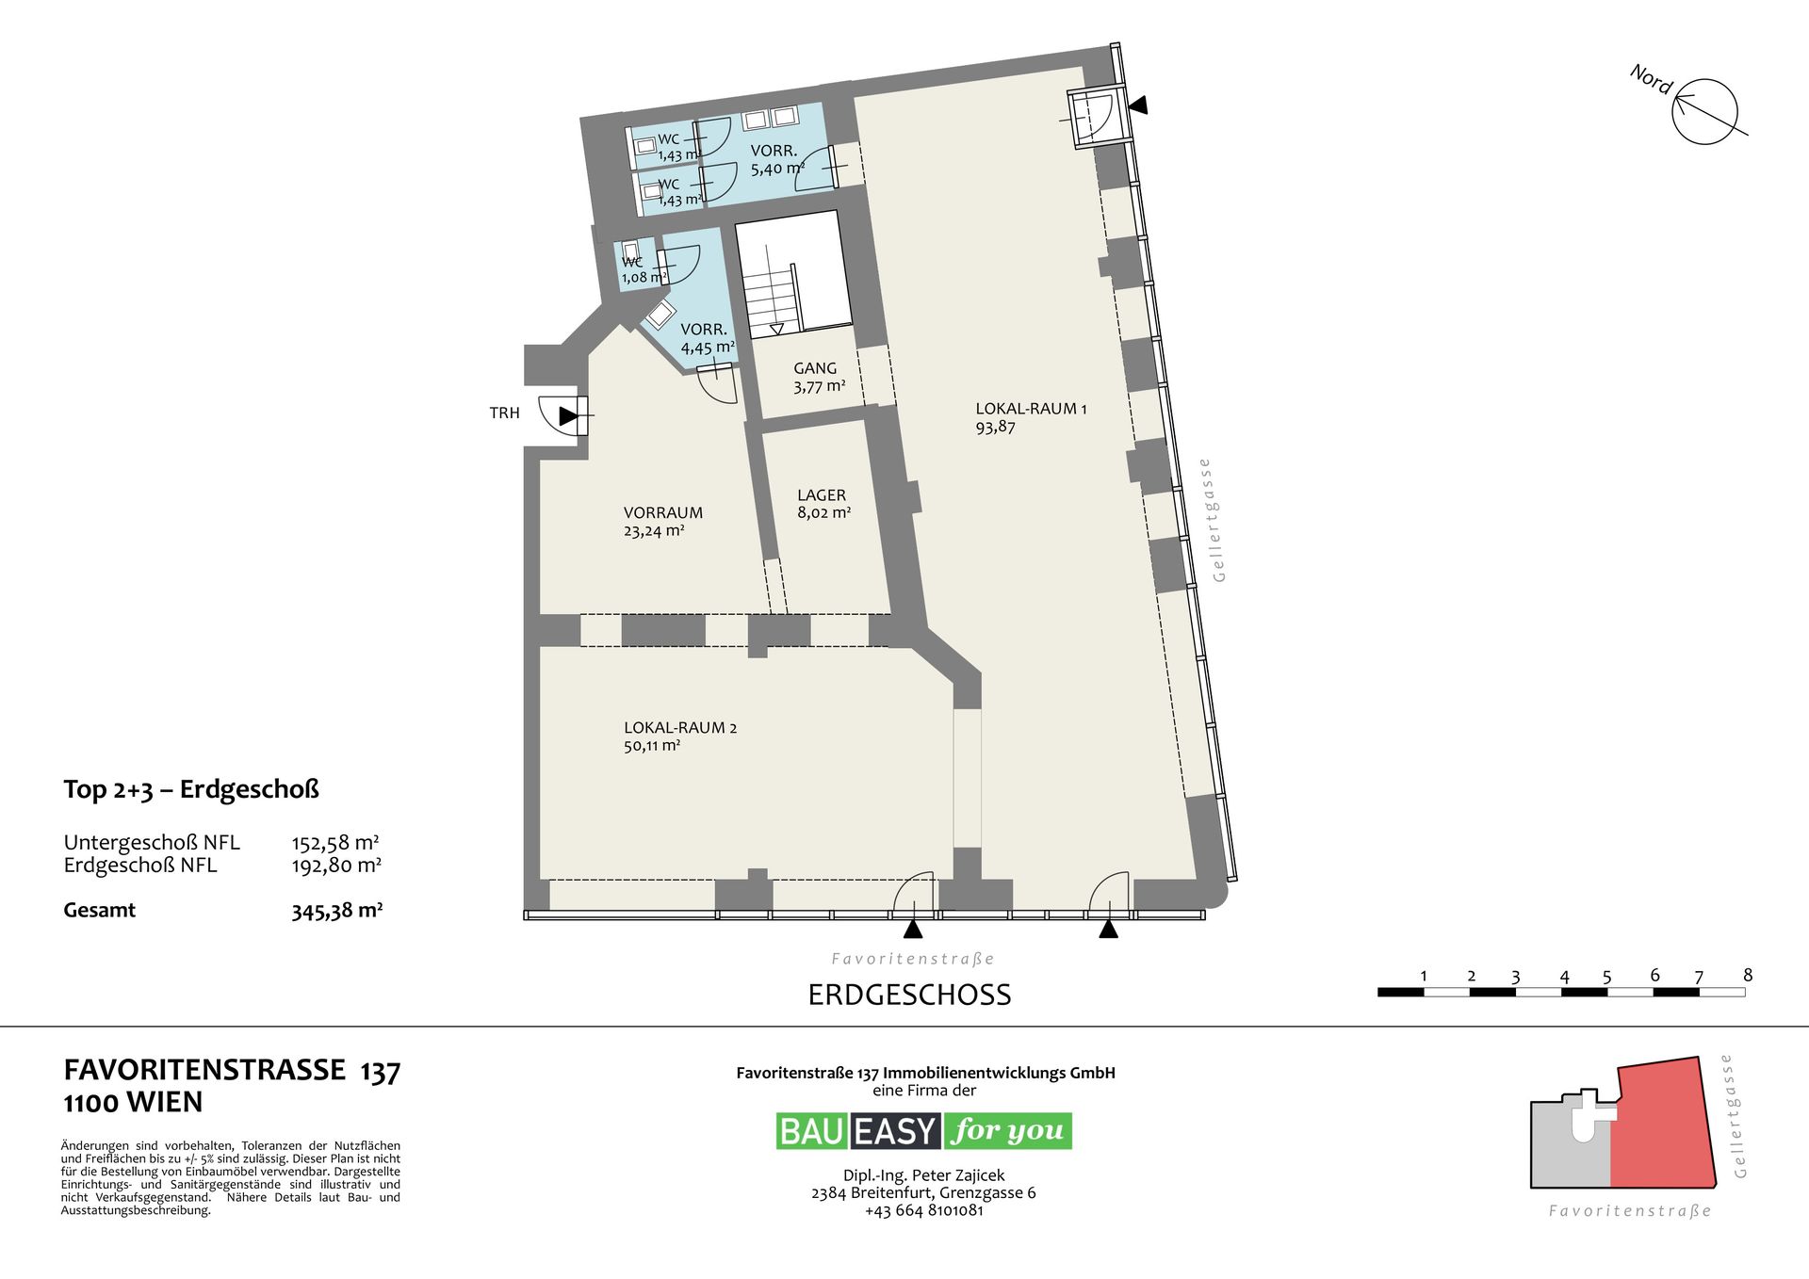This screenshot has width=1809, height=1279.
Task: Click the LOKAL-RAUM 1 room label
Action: pyautogui.click(x=1031, y=409)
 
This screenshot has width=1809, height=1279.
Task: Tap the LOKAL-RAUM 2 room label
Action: pyautogui.click(x=680, y=727)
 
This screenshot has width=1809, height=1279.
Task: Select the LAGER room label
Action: pyautogui.click(x=822, y=494)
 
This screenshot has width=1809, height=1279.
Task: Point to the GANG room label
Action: pyautogui.click(x=815, y=368)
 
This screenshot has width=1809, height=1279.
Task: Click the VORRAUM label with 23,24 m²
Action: pyautogui.click(x=663, y=512)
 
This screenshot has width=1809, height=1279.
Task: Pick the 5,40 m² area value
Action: pyautogui.click(x=777, y=170)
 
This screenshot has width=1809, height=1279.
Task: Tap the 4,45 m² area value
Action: pyautogui.click(x=708, y=348)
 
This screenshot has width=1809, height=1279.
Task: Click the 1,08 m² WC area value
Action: pyautogui.click(x=644, y=278)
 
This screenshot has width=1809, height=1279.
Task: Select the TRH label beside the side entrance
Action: pyautogui.click(x=504, y=413)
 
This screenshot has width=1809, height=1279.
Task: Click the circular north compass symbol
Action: pyautogui.click(x=1704, y=111)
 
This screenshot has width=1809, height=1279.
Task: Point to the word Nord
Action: pyautogui.click(x=1651, y=79)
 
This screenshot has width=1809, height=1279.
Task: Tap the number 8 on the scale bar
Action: pyautogui.click(x=1748, y=975)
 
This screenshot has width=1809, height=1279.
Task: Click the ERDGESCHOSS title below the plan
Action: pyautogui.click(x=909, y=995)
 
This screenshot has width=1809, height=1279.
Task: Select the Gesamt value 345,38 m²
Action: pyautogui.click(x=336, y=911)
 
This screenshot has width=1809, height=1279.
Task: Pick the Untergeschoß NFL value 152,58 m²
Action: pyautogui.click(x=335, y=842)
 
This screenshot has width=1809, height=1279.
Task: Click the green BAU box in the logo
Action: pyautogui.click(x=813, y=1130)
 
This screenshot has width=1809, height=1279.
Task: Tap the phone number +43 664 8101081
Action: pyautogui.click(x=923, y=1210)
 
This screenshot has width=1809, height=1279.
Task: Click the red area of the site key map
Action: pyautogui.click(x=1662, y=1125)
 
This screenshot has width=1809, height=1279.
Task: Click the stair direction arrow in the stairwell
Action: pyautogui.click(x=776, y=330)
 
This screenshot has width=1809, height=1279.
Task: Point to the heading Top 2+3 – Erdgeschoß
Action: pyautogui.click(x=191, y=789)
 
